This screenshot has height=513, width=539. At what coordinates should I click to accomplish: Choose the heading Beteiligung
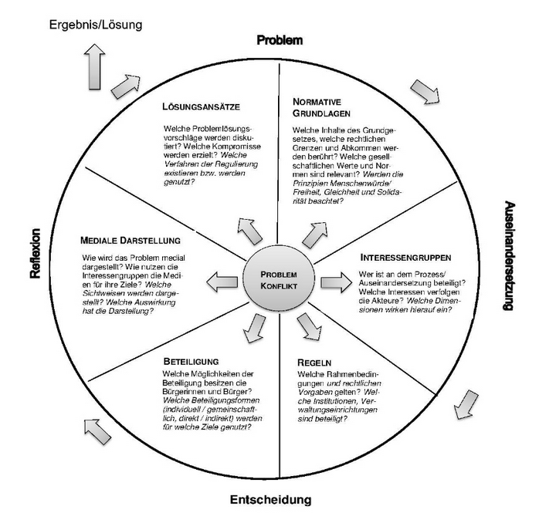pos(191,361)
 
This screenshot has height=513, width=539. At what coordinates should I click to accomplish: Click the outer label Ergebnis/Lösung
pos(95,24)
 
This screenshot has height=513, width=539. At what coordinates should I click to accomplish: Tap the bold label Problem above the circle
pos(279,39)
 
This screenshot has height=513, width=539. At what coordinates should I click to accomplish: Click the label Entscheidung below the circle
pos(273,499)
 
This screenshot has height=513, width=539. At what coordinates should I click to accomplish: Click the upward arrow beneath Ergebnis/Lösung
pos(96,64)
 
